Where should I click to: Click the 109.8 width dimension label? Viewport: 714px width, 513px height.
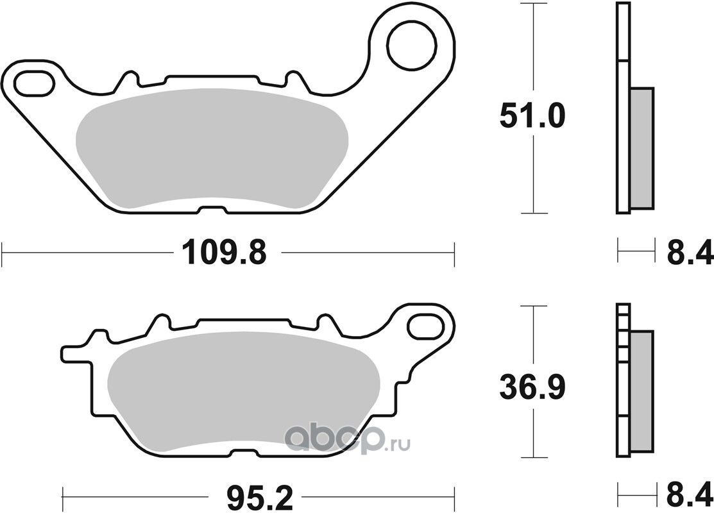point(224,253)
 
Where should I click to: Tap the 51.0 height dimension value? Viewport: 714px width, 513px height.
point(532,115)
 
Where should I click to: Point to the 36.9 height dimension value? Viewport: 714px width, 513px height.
point(532,387)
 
